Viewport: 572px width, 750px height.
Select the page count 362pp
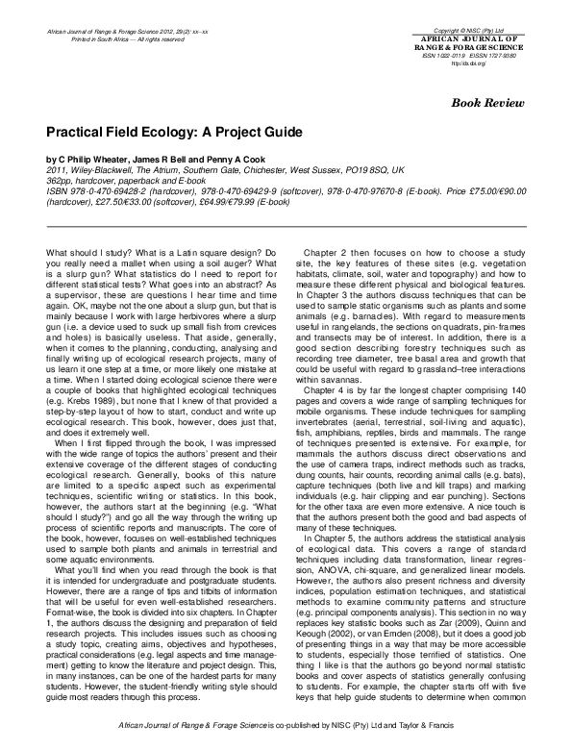(61, 180)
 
